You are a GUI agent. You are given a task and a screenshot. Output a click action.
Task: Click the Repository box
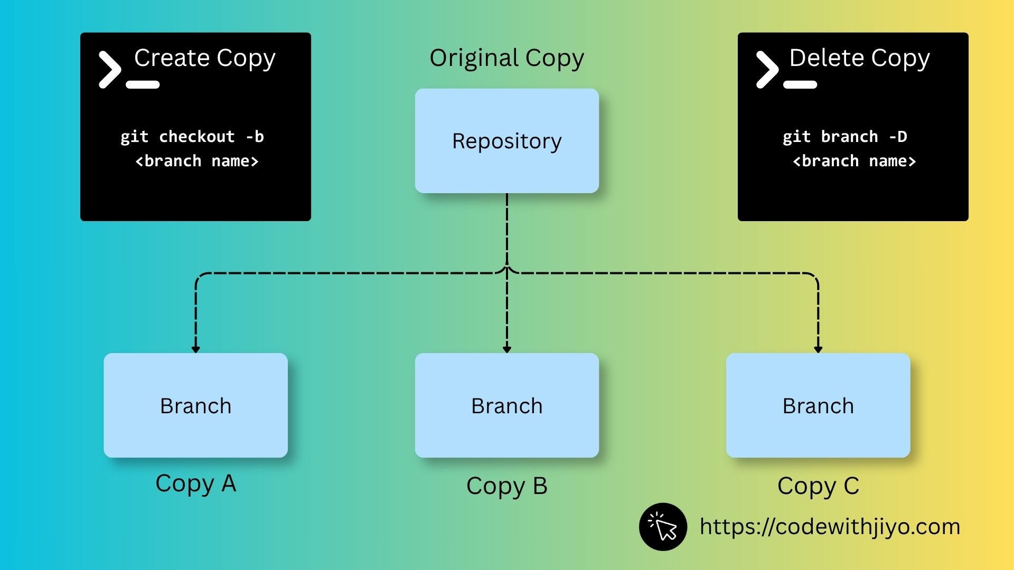pyautogui.click(x=507, y=141)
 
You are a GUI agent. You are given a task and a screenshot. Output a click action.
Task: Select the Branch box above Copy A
pyautogui.click(x=196, y=405)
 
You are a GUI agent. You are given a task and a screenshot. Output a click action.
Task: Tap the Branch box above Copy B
pyautogui.click(x=507, y=405)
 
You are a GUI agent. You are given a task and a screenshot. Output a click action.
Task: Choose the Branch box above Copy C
pyautogui.click(x=818, y=405)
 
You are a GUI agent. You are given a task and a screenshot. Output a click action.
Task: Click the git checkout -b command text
pyautogui.click(x=192, y=137)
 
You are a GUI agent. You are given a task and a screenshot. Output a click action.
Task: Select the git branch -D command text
pyautogui.click(x=845, y=137)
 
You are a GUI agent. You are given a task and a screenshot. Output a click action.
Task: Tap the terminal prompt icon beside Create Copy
pyautogui.click(x=129, y=70)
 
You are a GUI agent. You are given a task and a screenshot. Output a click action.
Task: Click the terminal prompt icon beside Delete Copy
pyautogui.click(x=786, y=70)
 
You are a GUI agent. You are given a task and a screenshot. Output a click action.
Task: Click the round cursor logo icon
pyautogui.click(x=663, y=527)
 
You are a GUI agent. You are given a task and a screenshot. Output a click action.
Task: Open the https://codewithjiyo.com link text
pyautogui.click(x=830, y=527)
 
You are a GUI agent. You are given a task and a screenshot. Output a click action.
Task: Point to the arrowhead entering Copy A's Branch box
pyautogui.click(x=196, y=349)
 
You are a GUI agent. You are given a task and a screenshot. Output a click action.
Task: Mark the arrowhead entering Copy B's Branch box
pyautogui.click(x=507, y=349)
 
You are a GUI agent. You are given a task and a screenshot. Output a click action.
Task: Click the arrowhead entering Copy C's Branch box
pyautogui.click(x=818, y=349)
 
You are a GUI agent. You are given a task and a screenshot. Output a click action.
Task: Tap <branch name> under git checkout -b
pyautogui.click(x=197, y=161)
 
